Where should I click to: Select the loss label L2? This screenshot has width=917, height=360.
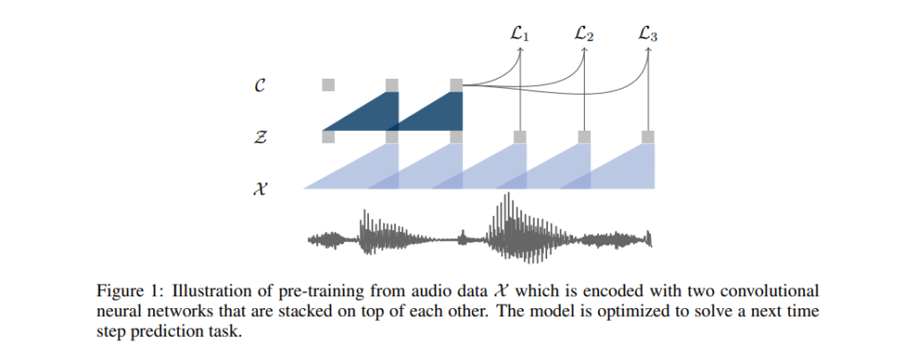(x=584, y=35)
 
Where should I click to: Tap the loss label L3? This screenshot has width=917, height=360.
(x=648, y=35)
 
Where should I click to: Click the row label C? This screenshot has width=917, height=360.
(x=261, y=85)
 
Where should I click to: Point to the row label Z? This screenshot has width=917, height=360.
(x=261, y=137)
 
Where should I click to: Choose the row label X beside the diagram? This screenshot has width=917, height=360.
(x=261, y=189)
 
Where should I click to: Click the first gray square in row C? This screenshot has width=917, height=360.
(x=328, y=85)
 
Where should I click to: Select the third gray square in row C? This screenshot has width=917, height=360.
(x=456, y=85)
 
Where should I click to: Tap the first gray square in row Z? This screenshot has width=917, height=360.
(x=328, y=137)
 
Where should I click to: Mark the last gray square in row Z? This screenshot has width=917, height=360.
(x=648, y=137)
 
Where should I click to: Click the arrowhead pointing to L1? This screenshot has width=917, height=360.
(x=520, y=49)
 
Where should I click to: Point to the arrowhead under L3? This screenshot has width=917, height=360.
(x=648, y=49)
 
